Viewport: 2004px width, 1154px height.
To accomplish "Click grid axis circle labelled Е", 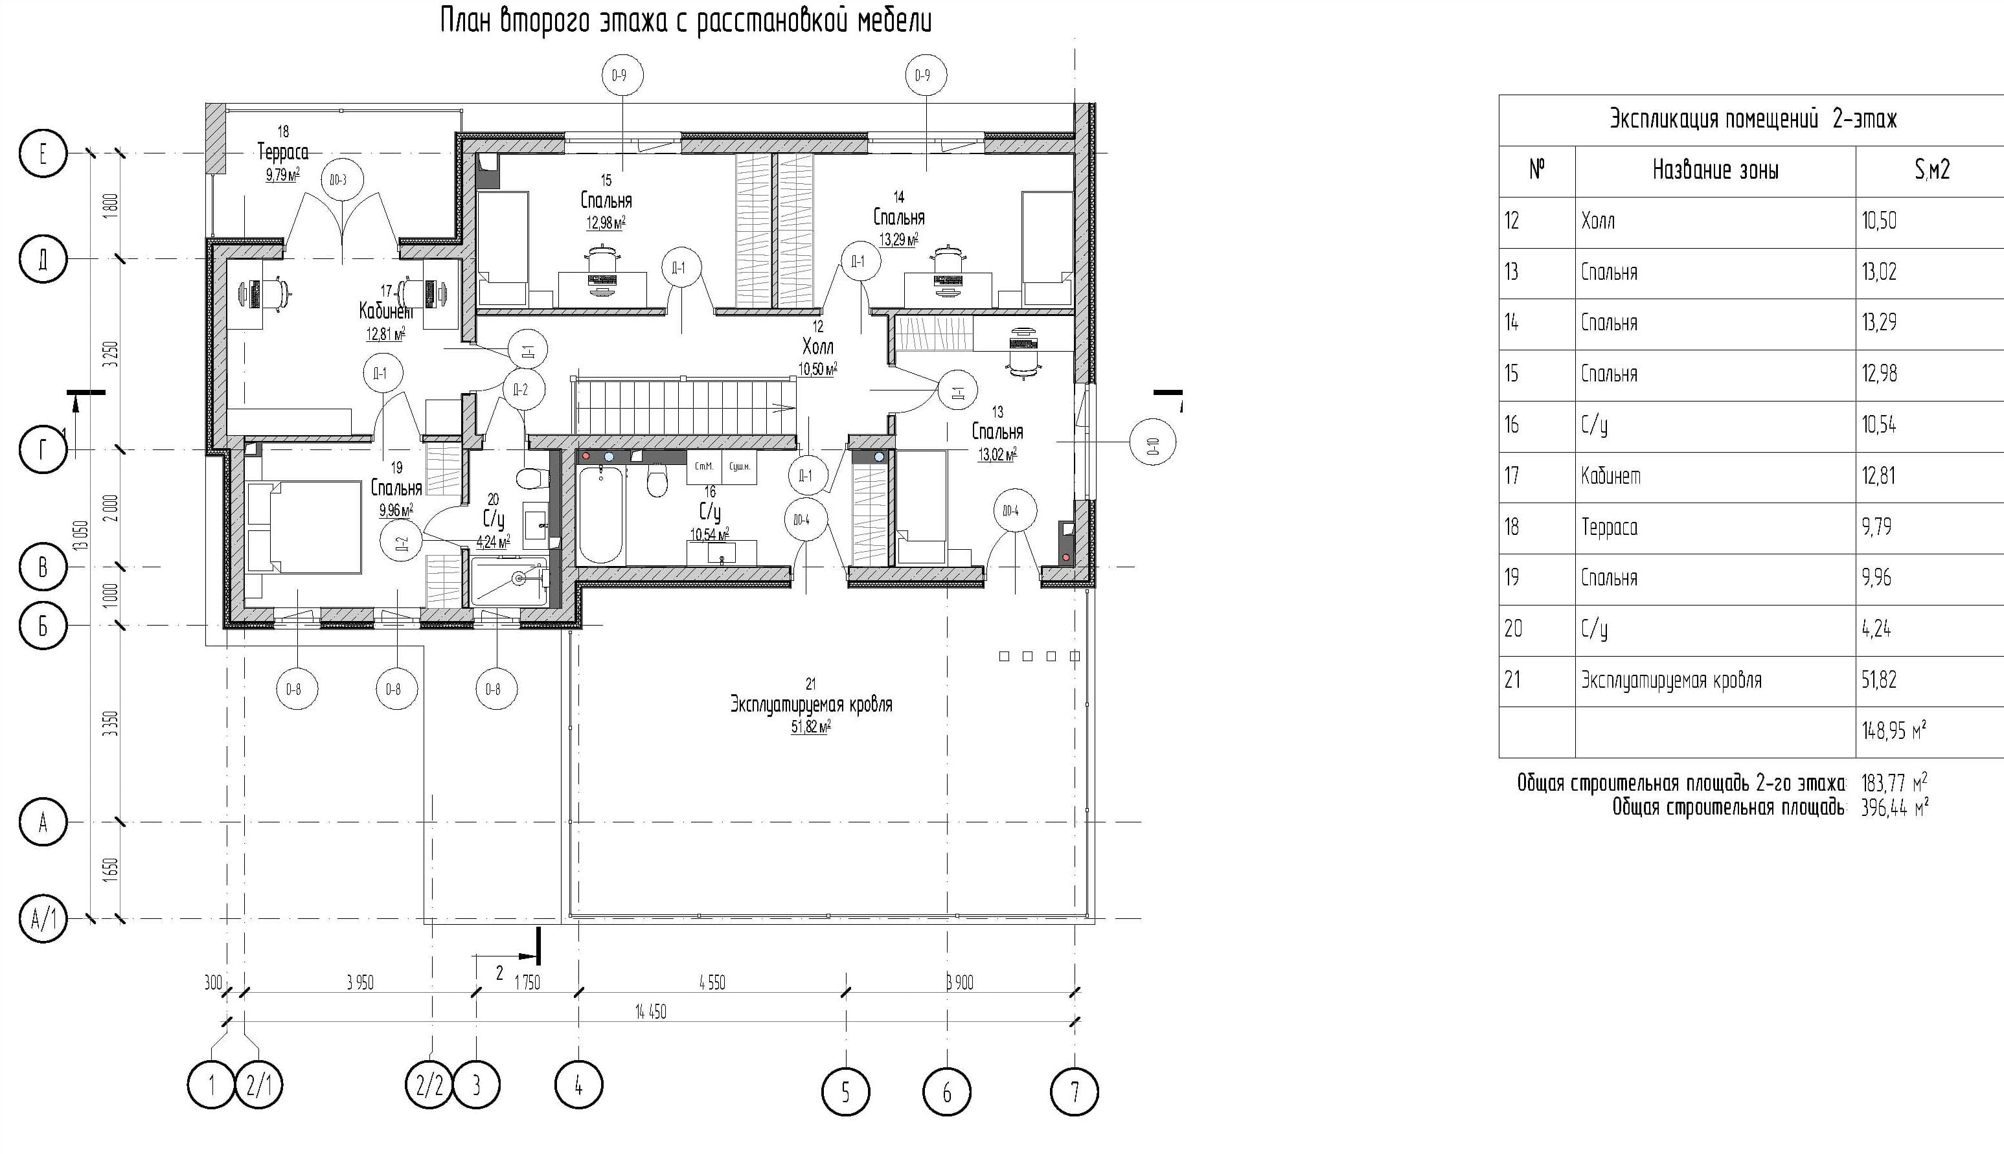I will pyautogui.click(x=43, y=153).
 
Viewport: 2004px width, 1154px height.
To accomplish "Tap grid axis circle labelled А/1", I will pyautogui.click(x=43, y=920).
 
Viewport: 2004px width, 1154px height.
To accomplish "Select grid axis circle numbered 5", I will pyautogui.click(x=845, y=1093).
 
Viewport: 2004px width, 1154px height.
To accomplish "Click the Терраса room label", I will pyautogui.click(x=283, y=151).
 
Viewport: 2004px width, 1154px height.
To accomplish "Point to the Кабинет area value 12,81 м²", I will pyautogui.click(x=385, y=334).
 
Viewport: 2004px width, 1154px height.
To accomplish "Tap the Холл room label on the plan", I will pyautogui.click(x=817, y=346).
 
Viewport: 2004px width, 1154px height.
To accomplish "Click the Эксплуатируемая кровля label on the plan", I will pyautogui.click(x=811, y=705).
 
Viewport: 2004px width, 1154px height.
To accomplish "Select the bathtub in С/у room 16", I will pyautogui.click(x=601, y=515).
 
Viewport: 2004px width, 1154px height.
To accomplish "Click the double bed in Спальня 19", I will pyautogui.click(x=305, y=528).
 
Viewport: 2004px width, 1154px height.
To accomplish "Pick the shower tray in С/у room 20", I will pyautogui.click(x=508, y=582).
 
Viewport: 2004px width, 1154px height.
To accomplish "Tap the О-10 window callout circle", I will pyautogui.click(x=1152, y=450).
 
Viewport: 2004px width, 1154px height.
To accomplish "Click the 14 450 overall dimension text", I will pyautogui.click(x=650, y=1012).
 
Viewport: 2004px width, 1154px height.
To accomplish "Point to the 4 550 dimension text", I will pyautogui.click(x=711, y=983).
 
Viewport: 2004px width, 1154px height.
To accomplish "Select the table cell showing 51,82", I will pyautogui.click(x=1880, y=680).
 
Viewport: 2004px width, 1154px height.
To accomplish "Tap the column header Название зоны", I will pyautogui.click(x=1714, y=170).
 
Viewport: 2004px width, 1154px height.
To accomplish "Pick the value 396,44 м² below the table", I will pyautogui.click(x=1894, y=808).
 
